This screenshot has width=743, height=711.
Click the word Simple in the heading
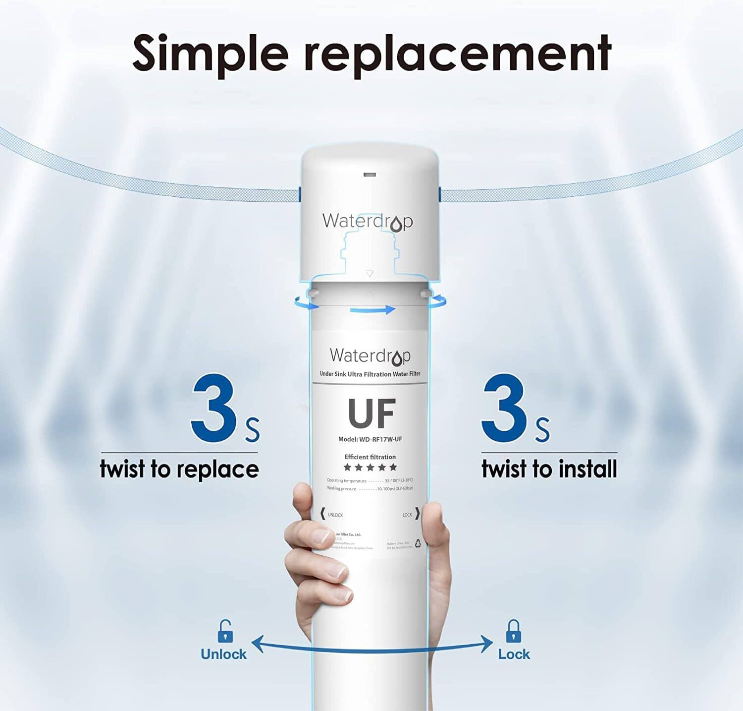click(x=210, y=53)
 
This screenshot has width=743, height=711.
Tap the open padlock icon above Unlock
click(x=225, y=631)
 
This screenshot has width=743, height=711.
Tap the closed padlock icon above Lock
click(x=513, y=631)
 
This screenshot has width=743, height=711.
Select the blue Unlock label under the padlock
click(x=223, y=654)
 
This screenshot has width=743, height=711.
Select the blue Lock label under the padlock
click(x=514, y=654)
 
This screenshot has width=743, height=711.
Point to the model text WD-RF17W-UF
click(x=370, y=439)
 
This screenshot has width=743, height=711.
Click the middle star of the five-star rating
click(x=370, y=467)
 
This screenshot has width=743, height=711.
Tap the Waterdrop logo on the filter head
click(x=367, y=222)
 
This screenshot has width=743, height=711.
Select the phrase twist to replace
click(x=179, y=469)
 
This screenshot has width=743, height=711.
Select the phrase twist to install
click(x=549, y=469)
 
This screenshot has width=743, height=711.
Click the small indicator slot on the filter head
click(x=370, y=175)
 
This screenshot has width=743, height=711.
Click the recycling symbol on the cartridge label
click(x=418, y=543)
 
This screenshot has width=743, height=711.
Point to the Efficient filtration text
click(x=370, y=457)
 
